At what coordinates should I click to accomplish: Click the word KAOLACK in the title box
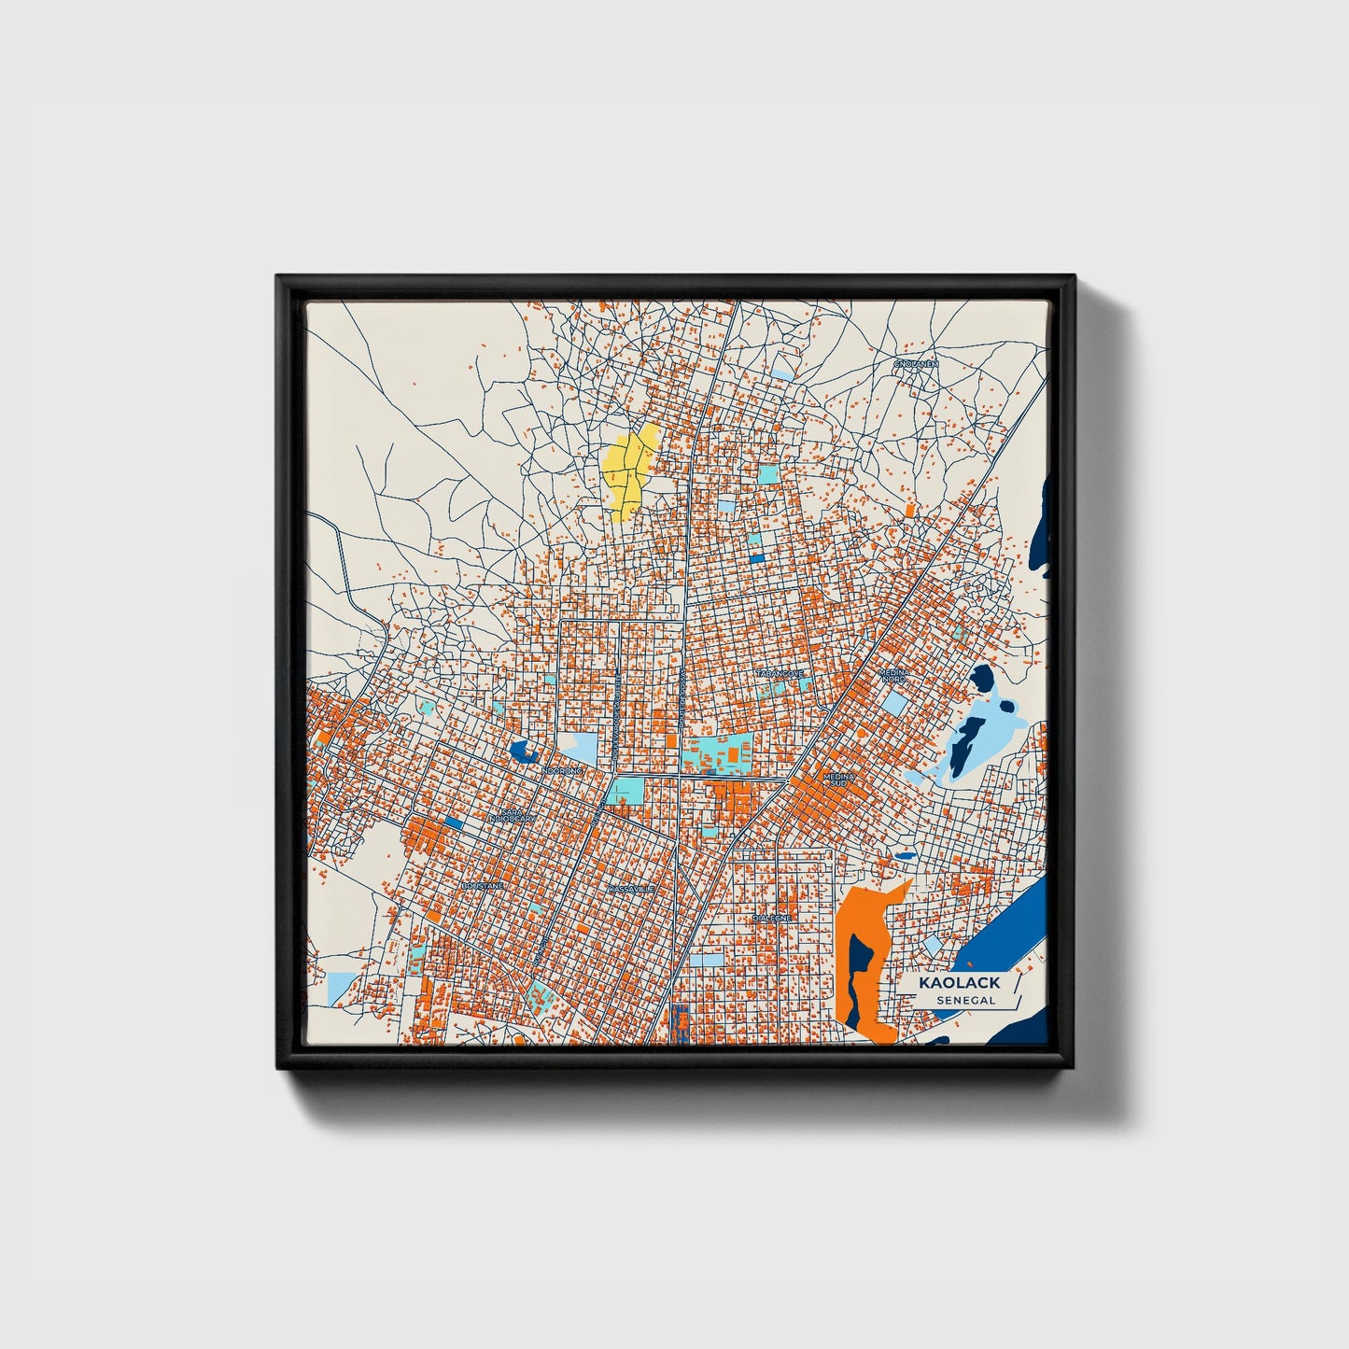point(959,982)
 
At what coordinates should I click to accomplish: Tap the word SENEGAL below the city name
point(965,1000)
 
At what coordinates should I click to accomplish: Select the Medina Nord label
point(893,674)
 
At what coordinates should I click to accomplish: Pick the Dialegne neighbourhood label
point(772,918)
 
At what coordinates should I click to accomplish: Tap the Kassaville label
point(632,889)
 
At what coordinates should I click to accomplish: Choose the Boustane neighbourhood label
point(483,885)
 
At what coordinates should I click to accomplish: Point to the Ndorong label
point(562,771)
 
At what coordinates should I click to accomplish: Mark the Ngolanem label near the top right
point(915,363)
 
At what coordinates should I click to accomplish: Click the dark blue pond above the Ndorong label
point(523,750)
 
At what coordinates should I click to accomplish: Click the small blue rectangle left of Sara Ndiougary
point(454,822)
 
